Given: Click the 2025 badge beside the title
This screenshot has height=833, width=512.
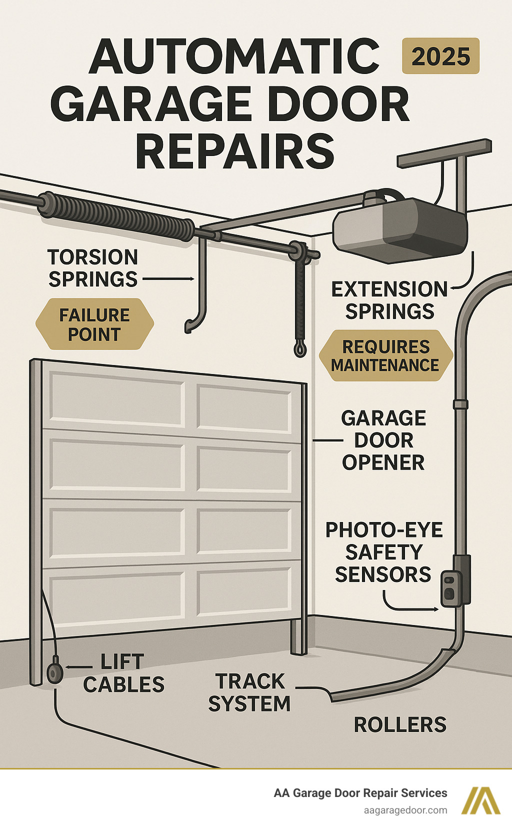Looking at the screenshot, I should point(440,56).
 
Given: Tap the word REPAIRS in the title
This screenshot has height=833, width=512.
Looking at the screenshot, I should point(234,151).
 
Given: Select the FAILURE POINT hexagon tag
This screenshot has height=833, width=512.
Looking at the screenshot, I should point(94,324).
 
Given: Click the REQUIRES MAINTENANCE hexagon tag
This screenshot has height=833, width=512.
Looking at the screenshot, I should point(385,355).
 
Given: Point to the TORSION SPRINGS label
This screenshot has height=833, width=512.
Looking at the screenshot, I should point(93,268).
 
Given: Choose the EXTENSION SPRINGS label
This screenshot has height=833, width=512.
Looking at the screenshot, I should point(389,300).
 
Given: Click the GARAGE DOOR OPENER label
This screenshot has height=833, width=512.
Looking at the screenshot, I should point(383,440).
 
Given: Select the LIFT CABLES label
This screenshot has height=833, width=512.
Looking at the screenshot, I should point(123,673).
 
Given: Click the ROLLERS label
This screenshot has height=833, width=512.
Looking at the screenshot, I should point(400,724).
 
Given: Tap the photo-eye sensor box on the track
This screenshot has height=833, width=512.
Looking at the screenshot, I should point(450,588).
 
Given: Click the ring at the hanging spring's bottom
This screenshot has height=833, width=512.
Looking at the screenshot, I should point(300,348).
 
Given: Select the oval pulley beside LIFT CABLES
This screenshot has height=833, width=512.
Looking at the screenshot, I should point(54,673).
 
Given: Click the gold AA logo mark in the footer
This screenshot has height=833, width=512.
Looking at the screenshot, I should point(480,800).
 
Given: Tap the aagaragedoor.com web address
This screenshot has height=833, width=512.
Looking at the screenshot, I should point(405,810).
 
